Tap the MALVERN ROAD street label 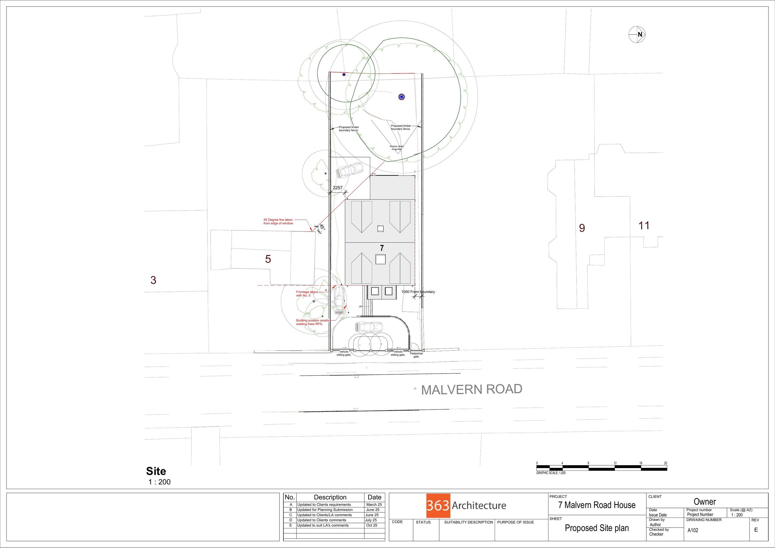pyautogui.click(x=471, y=389)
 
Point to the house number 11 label pyautogui.click(x=644, y=225)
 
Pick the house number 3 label pyautogui.click(x=153, y=280)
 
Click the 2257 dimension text pyautogui.click(x=338, y=188)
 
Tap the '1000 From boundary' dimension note pyautogui.click(x=418, y=292)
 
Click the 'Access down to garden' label pyautogui.click(x=396, y=148)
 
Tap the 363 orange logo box pyautogui.click(x=438, y=505)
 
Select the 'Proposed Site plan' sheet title pyautogui.click(x=596, y=528)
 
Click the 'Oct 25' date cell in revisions pyautogui.click(x=372, y=525)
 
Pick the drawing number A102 pyautogui.click(x=693, y=530)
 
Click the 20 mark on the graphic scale pyautogui.click(x=665, y=463)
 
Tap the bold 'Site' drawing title pyautogui.click(x=156, y=471)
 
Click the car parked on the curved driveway pyautogui.click(x=369, y=327)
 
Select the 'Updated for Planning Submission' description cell pyautogui.click(x=325, y=510)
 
